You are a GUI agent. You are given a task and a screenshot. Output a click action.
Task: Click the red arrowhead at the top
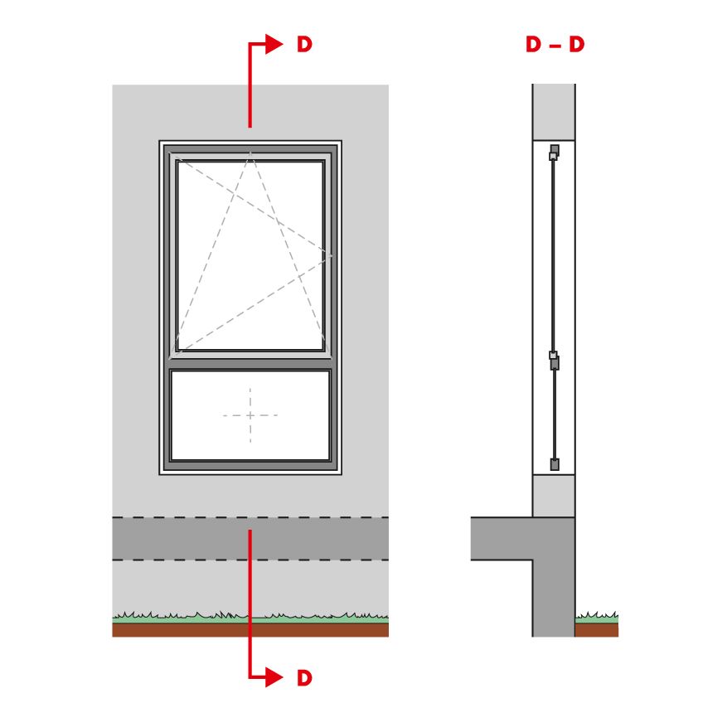tap(273, 44)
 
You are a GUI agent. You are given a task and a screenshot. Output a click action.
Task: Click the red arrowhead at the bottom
tap(273, 677)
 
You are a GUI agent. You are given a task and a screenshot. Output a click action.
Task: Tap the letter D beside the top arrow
tap(304, 45)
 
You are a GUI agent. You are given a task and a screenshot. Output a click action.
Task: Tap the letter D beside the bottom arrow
tap(304, 678)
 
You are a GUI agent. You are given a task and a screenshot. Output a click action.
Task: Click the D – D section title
tap(555, 45)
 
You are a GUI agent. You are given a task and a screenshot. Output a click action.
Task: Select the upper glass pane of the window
tap(250, 255)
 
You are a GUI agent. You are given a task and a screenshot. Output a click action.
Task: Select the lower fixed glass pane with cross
tap(250, 415)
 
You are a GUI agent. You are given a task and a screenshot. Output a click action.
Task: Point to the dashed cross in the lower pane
tap(250, 415)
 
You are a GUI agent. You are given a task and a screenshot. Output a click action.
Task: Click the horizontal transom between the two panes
tap(250, 364)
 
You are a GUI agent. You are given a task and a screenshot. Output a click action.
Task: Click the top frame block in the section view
tap(554, 152)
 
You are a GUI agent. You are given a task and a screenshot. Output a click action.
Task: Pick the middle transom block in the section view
tap(554, 361)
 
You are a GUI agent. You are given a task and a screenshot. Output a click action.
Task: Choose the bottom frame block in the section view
tap(555, 464)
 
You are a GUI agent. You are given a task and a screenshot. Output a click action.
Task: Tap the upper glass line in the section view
tap(553, 256)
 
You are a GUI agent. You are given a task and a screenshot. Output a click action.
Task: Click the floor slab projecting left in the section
tap(502, 538)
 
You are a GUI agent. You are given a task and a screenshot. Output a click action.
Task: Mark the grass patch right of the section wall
tap(597, 618)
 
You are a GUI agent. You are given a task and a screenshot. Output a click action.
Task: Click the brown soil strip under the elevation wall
tap(250, 630)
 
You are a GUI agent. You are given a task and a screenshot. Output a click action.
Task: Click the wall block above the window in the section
tap(554, 112)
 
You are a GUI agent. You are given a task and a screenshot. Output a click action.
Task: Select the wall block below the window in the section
tap(554, 496)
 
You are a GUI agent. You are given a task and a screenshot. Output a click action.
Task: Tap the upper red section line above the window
tap(250, 85)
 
